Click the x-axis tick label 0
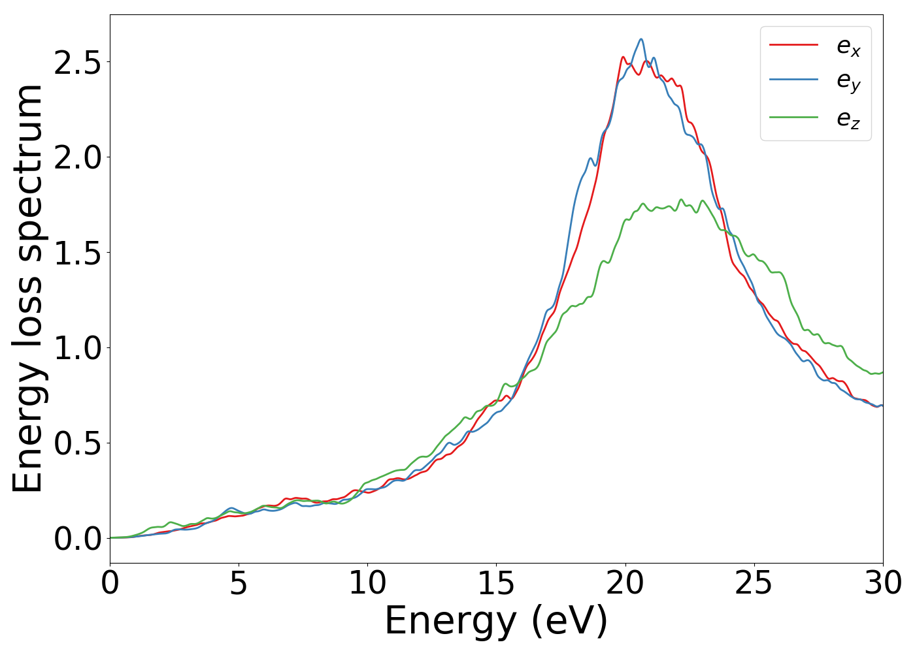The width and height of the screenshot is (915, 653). point(110,583)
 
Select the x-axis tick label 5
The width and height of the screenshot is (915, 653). point(239,583)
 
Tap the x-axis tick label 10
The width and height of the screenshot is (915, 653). point(367,583)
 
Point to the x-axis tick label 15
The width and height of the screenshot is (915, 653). point(496,583)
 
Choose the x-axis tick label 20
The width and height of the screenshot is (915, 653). point(625,583)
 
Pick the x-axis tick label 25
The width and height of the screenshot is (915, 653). point(754,583)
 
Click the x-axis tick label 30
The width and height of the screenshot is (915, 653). point(883,583)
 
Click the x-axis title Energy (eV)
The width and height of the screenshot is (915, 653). point(496,620)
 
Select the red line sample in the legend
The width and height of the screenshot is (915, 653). point(793,45)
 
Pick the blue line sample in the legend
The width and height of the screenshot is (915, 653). point(793,81)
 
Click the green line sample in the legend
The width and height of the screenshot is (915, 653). point(793,118)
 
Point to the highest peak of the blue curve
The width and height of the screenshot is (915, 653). point(641,39)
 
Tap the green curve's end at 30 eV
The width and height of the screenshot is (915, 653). point(882,372)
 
